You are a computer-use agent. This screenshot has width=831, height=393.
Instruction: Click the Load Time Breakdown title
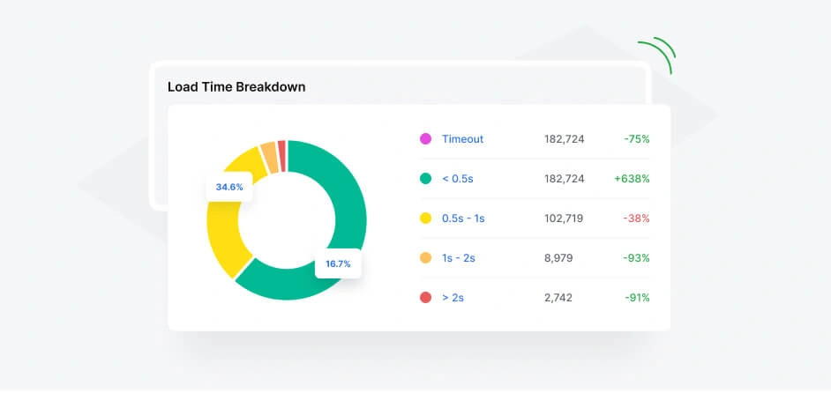(236, 87)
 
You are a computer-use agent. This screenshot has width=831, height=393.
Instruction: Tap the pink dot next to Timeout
(425, 139)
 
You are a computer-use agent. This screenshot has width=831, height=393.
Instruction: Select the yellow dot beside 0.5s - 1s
(425, 219)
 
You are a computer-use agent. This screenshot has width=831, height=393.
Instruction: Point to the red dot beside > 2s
(425, 298)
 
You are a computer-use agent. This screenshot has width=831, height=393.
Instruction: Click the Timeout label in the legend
(462, 139)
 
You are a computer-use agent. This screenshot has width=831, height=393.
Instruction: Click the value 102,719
(564, 219)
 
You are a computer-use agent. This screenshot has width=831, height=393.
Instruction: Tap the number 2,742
(558, 298)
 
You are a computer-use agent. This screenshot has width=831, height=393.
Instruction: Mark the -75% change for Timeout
(636, 139)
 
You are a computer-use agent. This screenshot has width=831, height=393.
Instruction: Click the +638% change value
(632, 179)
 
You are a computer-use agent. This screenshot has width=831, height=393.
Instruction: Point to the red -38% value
(636, 219)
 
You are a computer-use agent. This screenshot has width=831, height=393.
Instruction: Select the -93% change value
(636, 258)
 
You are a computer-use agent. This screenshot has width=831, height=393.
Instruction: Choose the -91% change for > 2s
(636, 298)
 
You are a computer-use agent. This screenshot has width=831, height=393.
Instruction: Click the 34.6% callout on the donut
(229, 187)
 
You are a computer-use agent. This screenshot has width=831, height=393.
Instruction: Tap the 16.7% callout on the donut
(339, 263)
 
